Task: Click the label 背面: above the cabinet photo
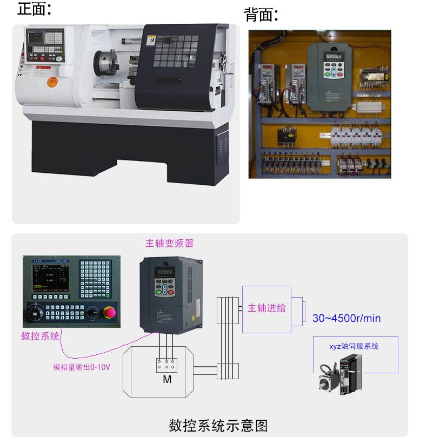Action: [x=261, y=15]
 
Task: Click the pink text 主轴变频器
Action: [x=169, y=243]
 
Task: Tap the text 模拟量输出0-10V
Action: [x=81, y=367]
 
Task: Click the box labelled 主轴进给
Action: [x=266, y=308]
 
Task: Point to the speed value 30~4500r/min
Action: [x=346, y=318]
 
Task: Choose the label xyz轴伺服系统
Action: [x=354, y=346]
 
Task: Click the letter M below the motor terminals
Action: [x=167, y=380]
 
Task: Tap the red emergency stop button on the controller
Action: [x=110, y=313]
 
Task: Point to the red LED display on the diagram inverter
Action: [x=164, y=272]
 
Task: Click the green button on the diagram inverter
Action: [x=159, y=293]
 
